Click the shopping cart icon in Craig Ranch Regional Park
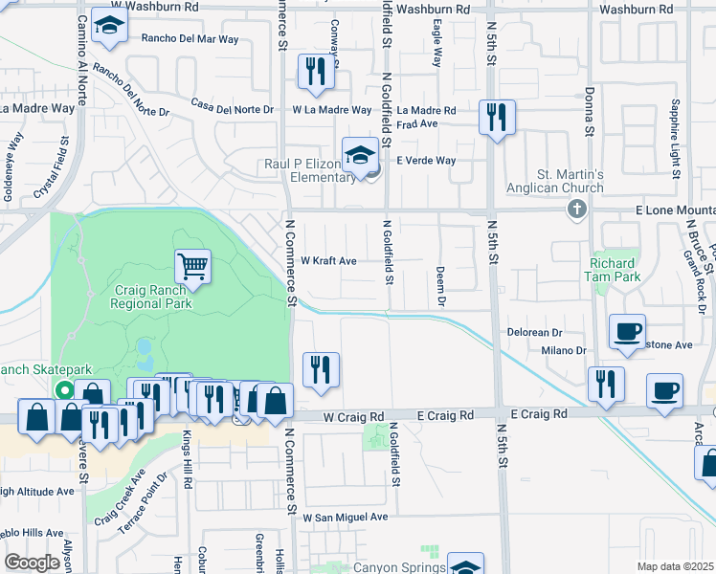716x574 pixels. [x=192, y=266]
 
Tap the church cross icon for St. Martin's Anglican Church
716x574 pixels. [x=576, y=209]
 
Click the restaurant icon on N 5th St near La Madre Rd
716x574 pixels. [x=496, y=117]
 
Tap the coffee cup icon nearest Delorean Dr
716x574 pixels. [x=628, y=331]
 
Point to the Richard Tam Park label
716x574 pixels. [x=613, y=269]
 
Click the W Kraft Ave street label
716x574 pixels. [x=328, y=260]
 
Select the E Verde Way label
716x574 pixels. [x=426, y=160]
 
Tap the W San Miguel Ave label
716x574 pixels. [x=346, y=517]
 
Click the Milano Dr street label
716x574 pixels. [x=563, y=351]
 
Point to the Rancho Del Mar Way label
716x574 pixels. [x=190, y=39]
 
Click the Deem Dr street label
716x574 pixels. [x=442, y=287]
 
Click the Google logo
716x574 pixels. [x=33, y=563]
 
